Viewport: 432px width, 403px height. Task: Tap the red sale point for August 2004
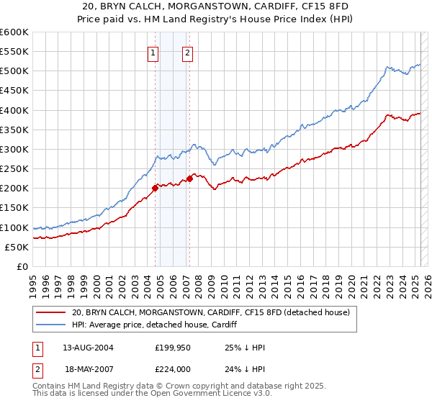(155, 189)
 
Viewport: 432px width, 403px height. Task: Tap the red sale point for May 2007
(189, 178)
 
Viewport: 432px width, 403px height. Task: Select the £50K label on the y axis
(17, 247)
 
